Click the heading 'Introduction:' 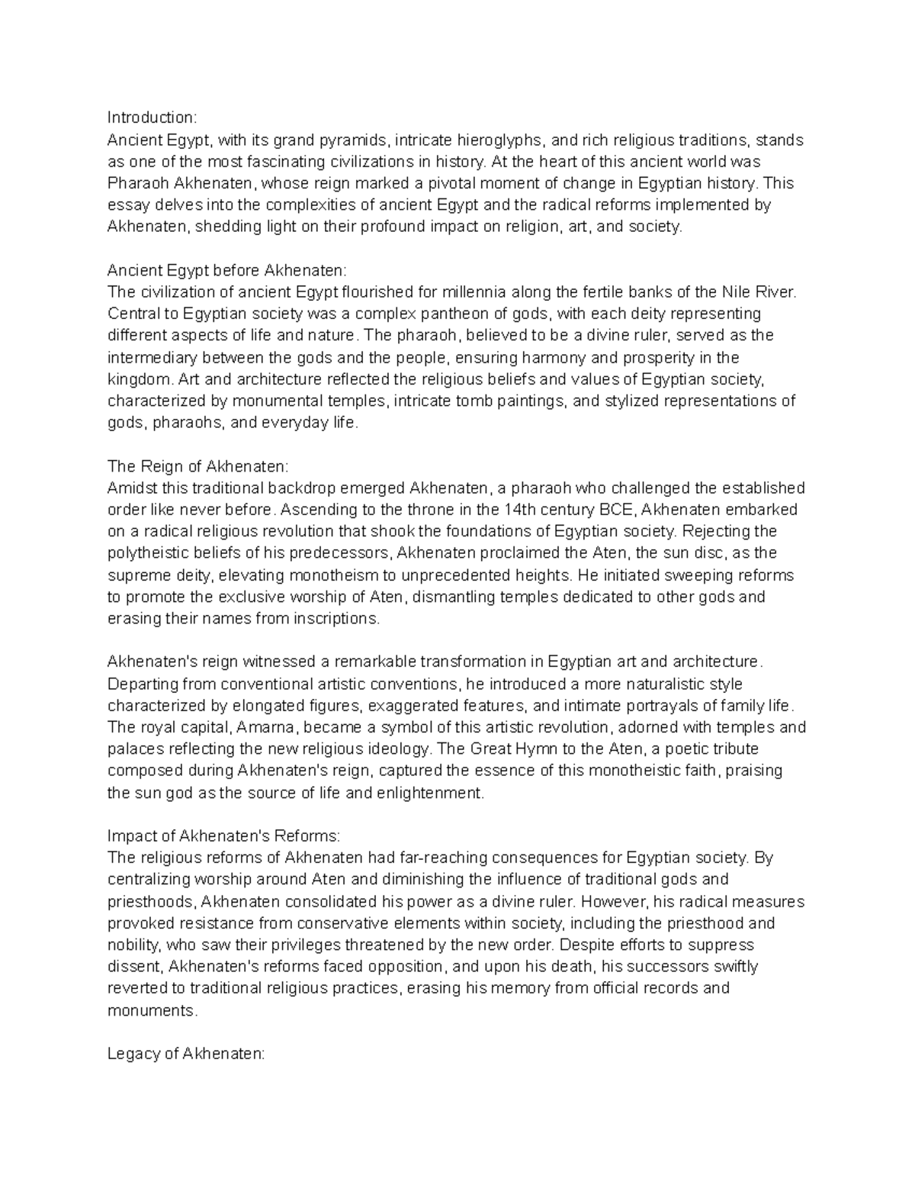152,118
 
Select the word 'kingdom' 134,379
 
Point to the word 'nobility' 133,945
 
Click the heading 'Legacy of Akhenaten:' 186,1054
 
